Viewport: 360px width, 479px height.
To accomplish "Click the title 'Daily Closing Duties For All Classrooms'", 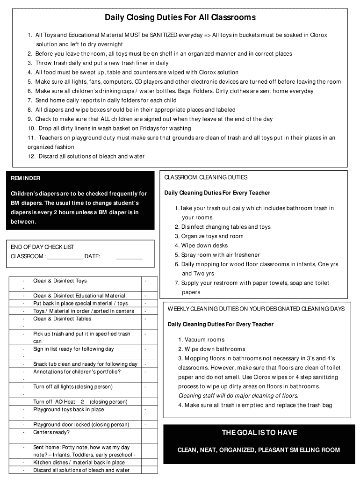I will tap(180, 18).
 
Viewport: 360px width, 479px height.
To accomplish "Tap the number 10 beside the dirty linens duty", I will tap(31, 129).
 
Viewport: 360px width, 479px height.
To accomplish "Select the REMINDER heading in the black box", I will tap(26, 178).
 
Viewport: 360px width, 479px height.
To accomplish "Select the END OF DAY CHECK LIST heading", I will tap(43, 247).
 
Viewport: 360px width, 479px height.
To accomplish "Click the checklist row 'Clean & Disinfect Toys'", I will tap(60, 281).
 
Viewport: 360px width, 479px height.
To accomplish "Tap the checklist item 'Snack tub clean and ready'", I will tap(85, 364).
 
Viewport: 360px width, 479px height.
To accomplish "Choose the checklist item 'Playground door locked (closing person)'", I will tap(81, 425).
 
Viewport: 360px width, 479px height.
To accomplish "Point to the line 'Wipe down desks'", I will tap(204, 246).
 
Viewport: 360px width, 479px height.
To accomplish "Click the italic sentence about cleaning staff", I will tap(238, 396).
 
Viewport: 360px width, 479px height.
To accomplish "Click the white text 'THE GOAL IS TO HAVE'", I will tap(259, 433).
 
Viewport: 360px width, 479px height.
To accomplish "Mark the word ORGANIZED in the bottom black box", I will tap(236, 450).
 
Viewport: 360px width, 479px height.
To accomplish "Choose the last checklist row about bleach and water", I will tap(81, 470).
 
